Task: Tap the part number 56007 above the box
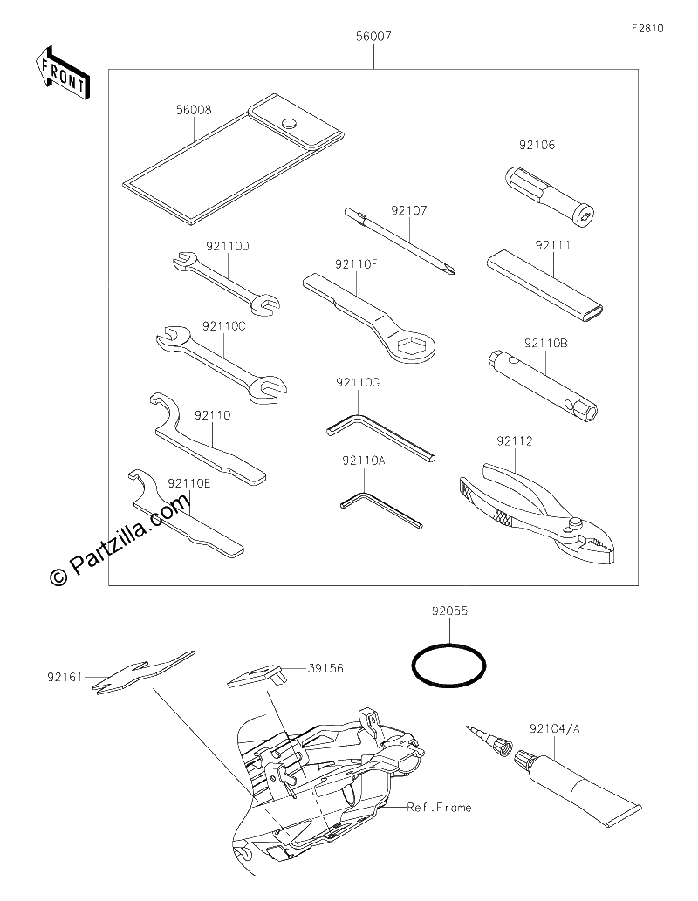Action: pyautogui.click(x=373, y=37)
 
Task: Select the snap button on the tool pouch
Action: pyautogui.click(x=290, y=122)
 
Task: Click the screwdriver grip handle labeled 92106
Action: pyautogui.click(x=549, y=195)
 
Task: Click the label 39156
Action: pyautogui.click(x=325, y=668)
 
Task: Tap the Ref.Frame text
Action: pyautogui.click(x=439, y=808)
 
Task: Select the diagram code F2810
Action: pyautogui.click(x=647, y=28)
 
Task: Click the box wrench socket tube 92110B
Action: pyautogui.click(x=540, y=386)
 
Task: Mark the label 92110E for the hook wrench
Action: pyautogui.click(x=189, y=483)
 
